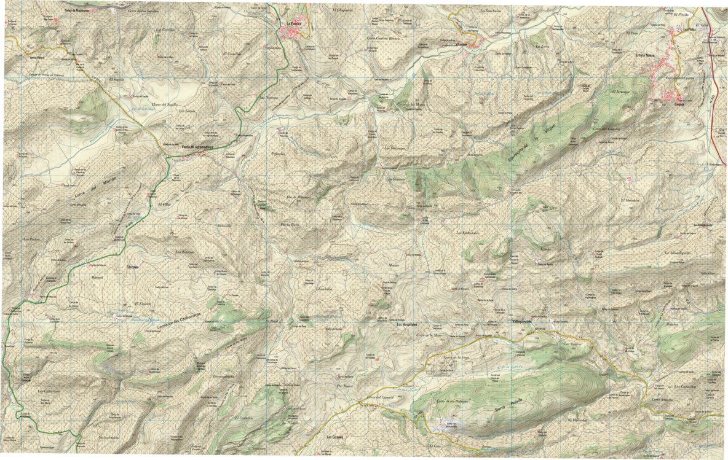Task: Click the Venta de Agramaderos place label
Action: (x=197, y=147)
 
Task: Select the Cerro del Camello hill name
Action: (x=608, y=129)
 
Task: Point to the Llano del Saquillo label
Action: (x=164, y=105)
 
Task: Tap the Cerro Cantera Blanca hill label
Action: (x=383, y=38)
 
